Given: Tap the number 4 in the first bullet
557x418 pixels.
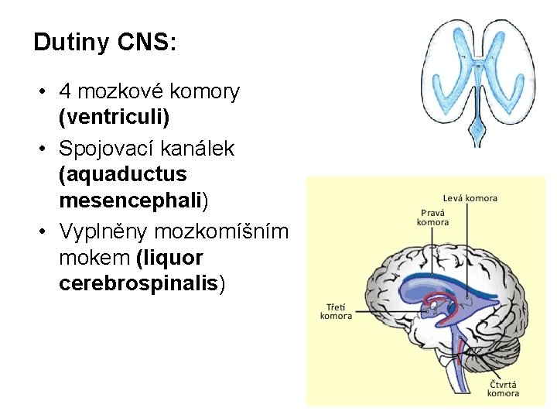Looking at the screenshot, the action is (x=66, y=92).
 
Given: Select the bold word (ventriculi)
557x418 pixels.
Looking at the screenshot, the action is (x=114, y=118).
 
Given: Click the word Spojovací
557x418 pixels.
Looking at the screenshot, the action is (x=112, y=149).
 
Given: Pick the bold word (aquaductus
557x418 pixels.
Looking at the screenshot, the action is (x=122, y=175).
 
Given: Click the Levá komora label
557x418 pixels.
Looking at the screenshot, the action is (x=470, y=199).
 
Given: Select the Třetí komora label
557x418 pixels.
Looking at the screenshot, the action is (x=336, y=311).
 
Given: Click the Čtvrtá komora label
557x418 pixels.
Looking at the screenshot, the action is (x=503, y=388).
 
